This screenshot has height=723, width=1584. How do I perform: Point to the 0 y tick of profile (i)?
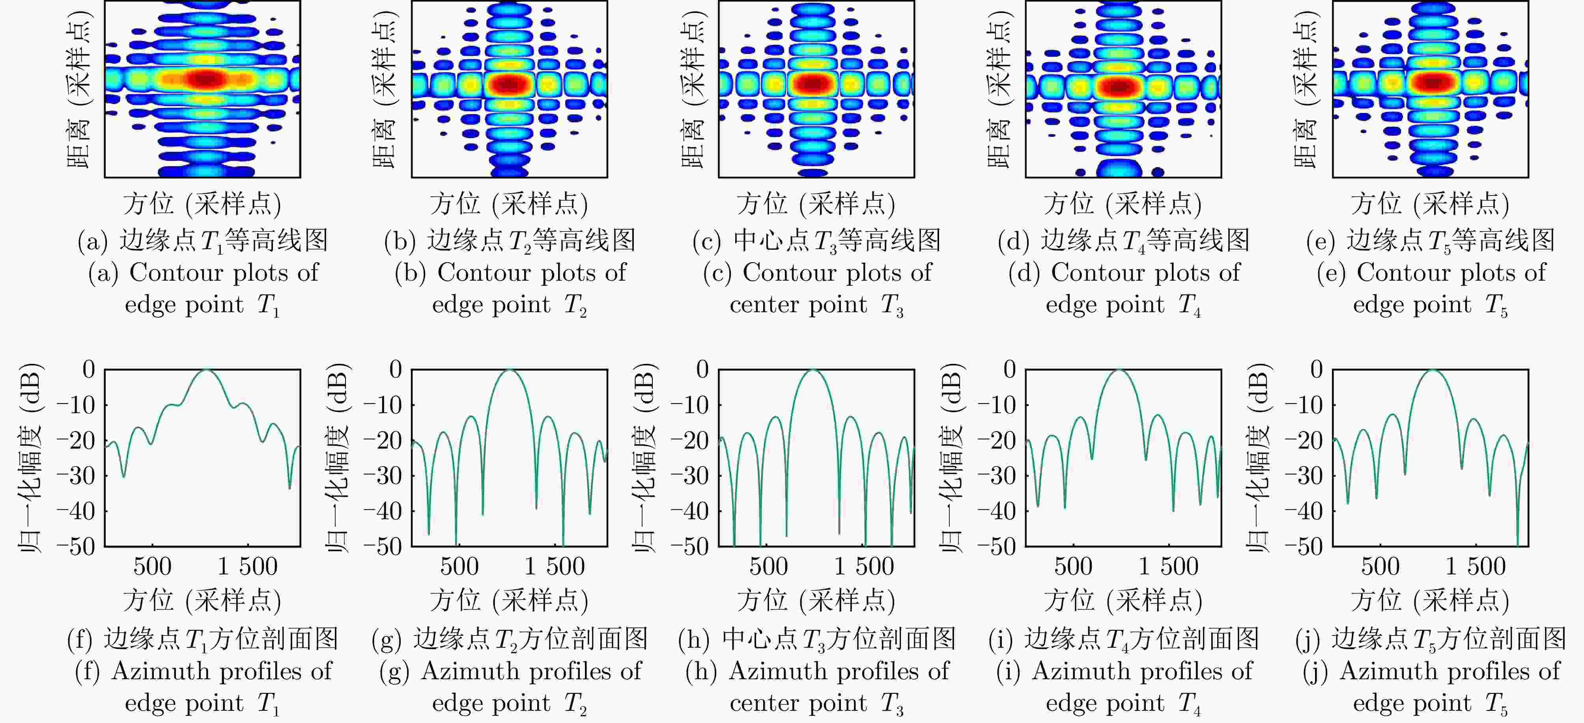click(1009, 369)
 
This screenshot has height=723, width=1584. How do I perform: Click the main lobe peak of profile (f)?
click(207, 370)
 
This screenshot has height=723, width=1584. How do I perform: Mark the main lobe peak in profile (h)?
click(813, 370)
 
